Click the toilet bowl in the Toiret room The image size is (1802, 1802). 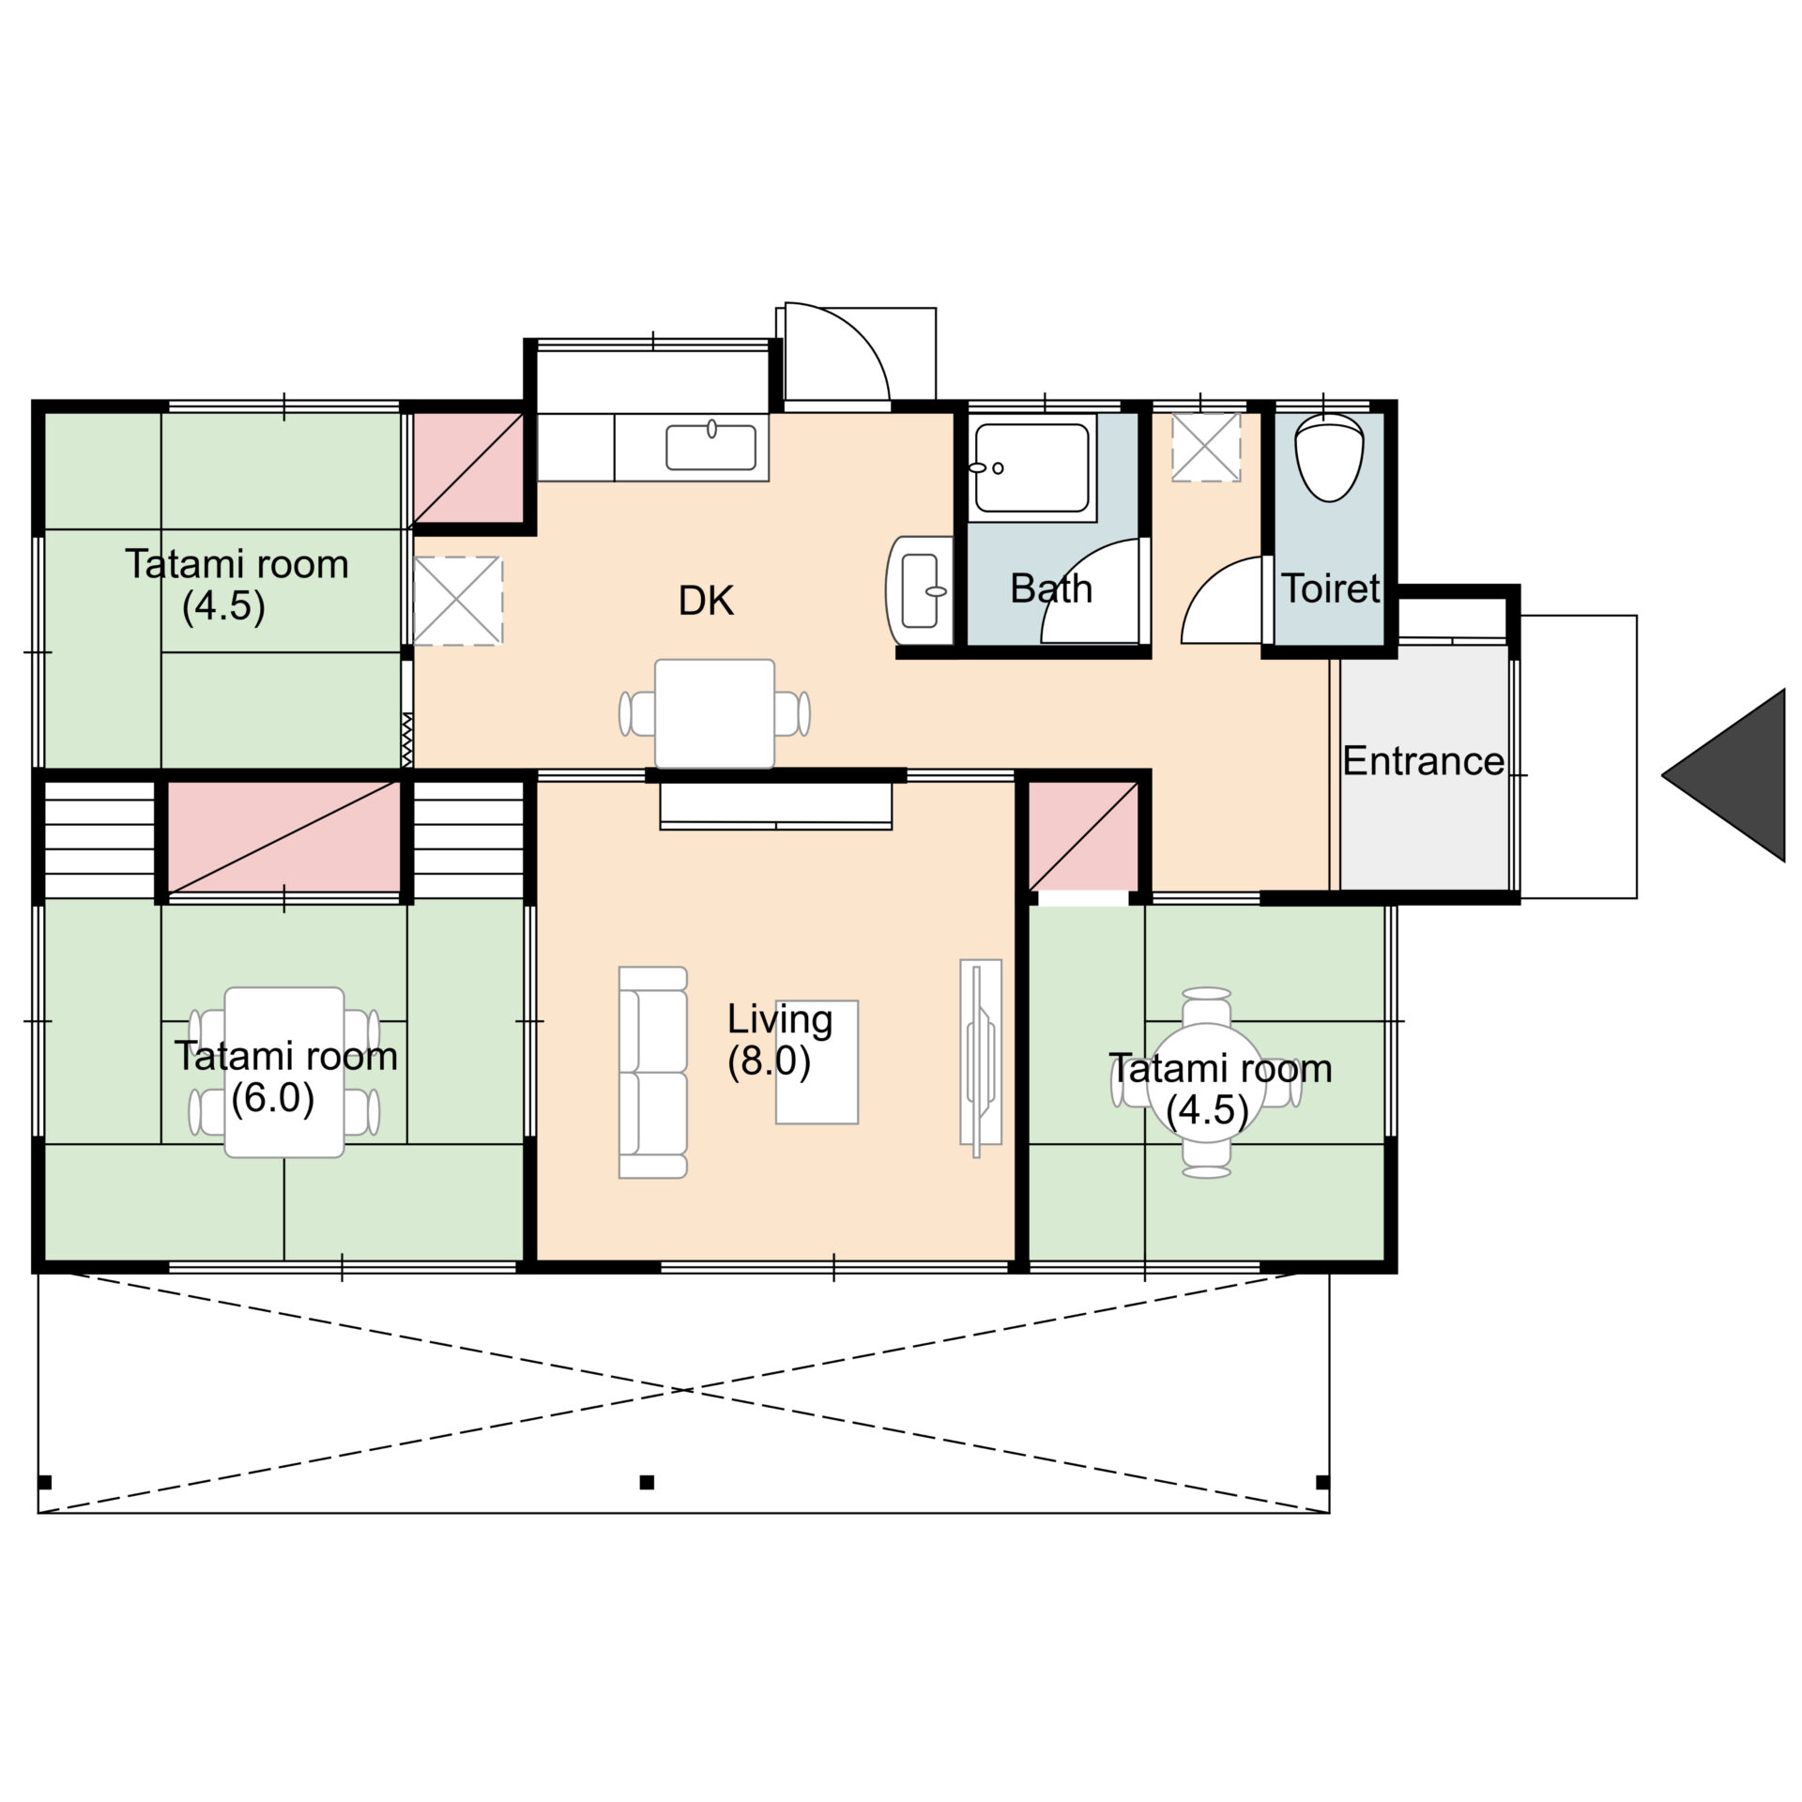pyautogui.click(x=1329, y=457)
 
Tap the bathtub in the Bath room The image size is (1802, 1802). pyautogui.click(x=1031, y=468)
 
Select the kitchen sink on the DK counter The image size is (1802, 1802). pyautogui.click(x=711, y=447)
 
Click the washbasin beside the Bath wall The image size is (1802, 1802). pyautogui.click(x=920, y=590)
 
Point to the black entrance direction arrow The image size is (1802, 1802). pyautogui.click(x=1723, y=775)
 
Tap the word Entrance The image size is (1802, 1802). pyautogui.click(x=1423, y=761)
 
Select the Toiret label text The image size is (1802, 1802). pyautogui.click(x=1331, y=588)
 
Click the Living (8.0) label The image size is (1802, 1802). pyautogui.click(x=779, y=1040)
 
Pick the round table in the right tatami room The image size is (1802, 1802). pyautogui.click(x=1208, y=1082)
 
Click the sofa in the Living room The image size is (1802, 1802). pyautogui.click(x=653, y=1072)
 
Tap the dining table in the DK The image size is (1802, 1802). pyautogui.click(x=715, y=713)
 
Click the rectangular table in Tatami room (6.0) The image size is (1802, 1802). pyautogui.click(x=284, y=1072)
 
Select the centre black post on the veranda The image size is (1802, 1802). pyautogui.click(x=647, y=1483)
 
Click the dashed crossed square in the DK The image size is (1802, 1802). pyautogui.click(x=458, y=601)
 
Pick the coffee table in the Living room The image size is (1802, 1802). pyautogui.click(x=817, y=1061)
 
